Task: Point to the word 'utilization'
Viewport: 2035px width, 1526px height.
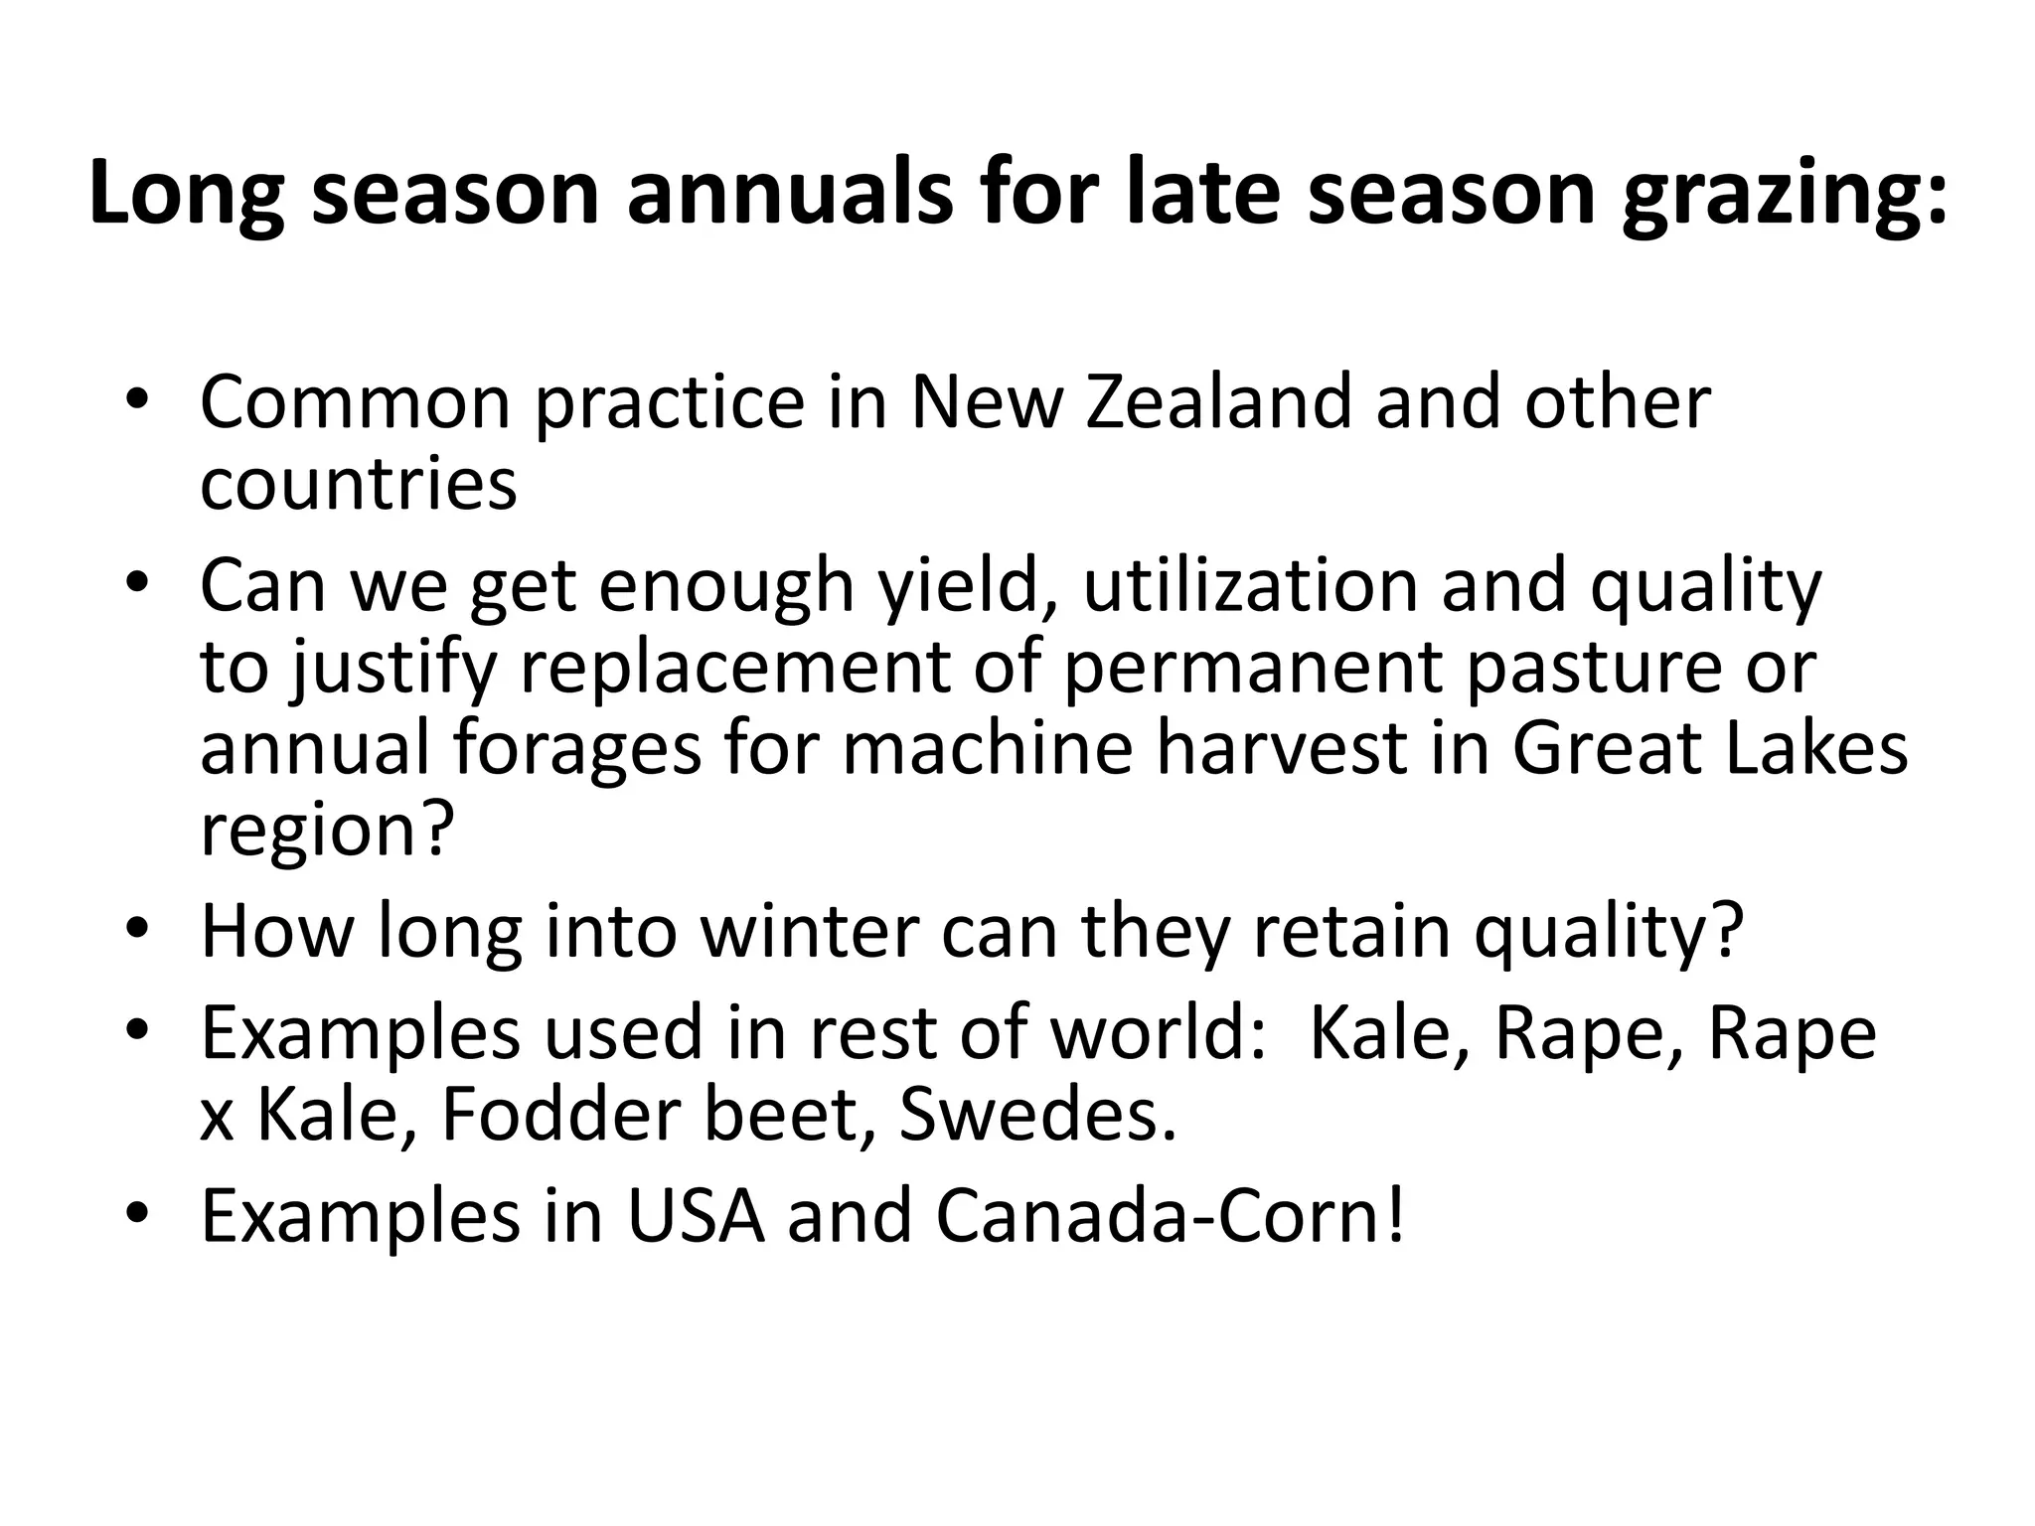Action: [1250, 585]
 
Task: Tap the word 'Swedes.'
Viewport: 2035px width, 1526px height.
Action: [1037, 1114]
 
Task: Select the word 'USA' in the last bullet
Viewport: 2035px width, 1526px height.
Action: [696, 1215]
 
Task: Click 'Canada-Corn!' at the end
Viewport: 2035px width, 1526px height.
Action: [1171, 1215]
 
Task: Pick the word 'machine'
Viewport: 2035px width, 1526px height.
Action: [987, 747]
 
